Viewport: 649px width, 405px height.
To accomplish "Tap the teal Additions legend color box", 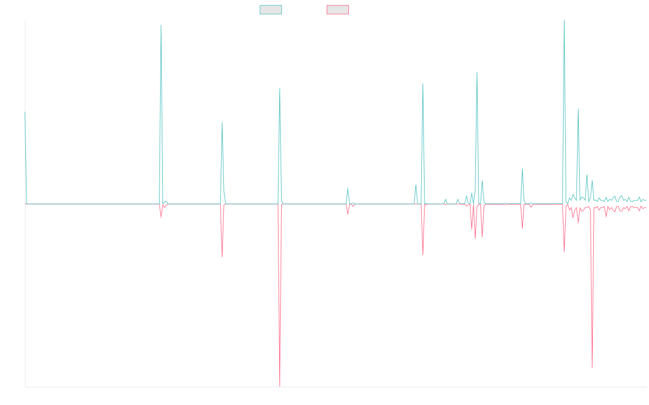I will tap(271, 10).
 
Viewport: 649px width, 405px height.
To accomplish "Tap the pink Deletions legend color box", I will tap(338, 10).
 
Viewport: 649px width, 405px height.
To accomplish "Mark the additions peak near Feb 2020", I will tap(161, 25).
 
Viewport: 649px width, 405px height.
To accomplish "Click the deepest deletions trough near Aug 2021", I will tap(280, 386).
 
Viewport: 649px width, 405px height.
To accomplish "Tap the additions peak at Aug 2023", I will tap(477, 72).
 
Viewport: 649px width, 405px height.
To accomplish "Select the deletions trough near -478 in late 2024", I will tap(592, 368).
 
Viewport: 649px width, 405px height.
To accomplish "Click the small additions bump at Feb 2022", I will tap(348, 187).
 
